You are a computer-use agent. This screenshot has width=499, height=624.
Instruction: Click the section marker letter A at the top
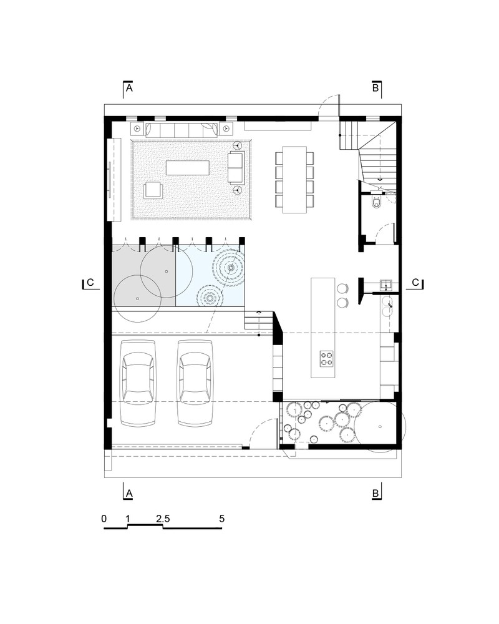[129, 90]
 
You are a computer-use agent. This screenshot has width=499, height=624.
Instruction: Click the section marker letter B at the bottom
[375, 493]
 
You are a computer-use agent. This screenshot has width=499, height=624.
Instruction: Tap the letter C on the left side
[90, 283]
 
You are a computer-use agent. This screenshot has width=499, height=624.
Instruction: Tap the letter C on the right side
[416, 283]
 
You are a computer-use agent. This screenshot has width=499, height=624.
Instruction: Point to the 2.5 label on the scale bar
[163, 519]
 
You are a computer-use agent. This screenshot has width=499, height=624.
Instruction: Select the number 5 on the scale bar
[221, 519]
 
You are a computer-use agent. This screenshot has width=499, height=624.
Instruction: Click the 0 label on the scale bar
[104, 519]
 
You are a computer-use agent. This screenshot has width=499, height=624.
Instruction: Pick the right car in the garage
[195, 383]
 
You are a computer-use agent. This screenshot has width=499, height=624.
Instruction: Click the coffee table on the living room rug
[187, 168]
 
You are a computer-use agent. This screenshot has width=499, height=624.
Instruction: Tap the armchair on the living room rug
[153, 190]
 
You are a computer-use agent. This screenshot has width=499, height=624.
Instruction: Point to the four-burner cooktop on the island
[326, 358]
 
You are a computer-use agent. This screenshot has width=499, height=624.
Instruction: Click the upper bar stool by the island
[342, 288]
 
